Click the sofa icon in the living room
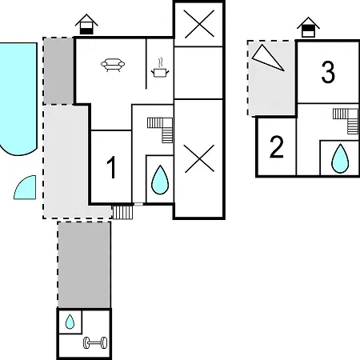click(113, 65)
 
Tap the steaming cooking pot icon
click(160, 69)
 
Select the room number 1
click(111, 167)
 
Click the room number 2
click(277, 147)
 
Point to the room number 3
click(328, 72)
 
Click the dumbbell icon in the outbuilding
click(95, 342)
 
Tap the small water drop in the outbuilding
click(70, 322)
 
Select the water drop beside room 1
click(160, 180)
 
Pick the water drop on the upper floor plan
click(340, 158)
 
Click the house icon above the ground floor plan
click(86, 24)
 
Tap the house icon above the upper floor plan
click(308, 27)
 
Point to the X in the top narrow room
click(199, 23)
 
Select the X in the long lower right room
click(199, 158)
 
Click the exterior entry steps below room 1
click(122, 212)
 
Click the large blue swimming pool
click(18, 98)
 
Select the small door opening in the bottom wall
click(138, 204)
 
